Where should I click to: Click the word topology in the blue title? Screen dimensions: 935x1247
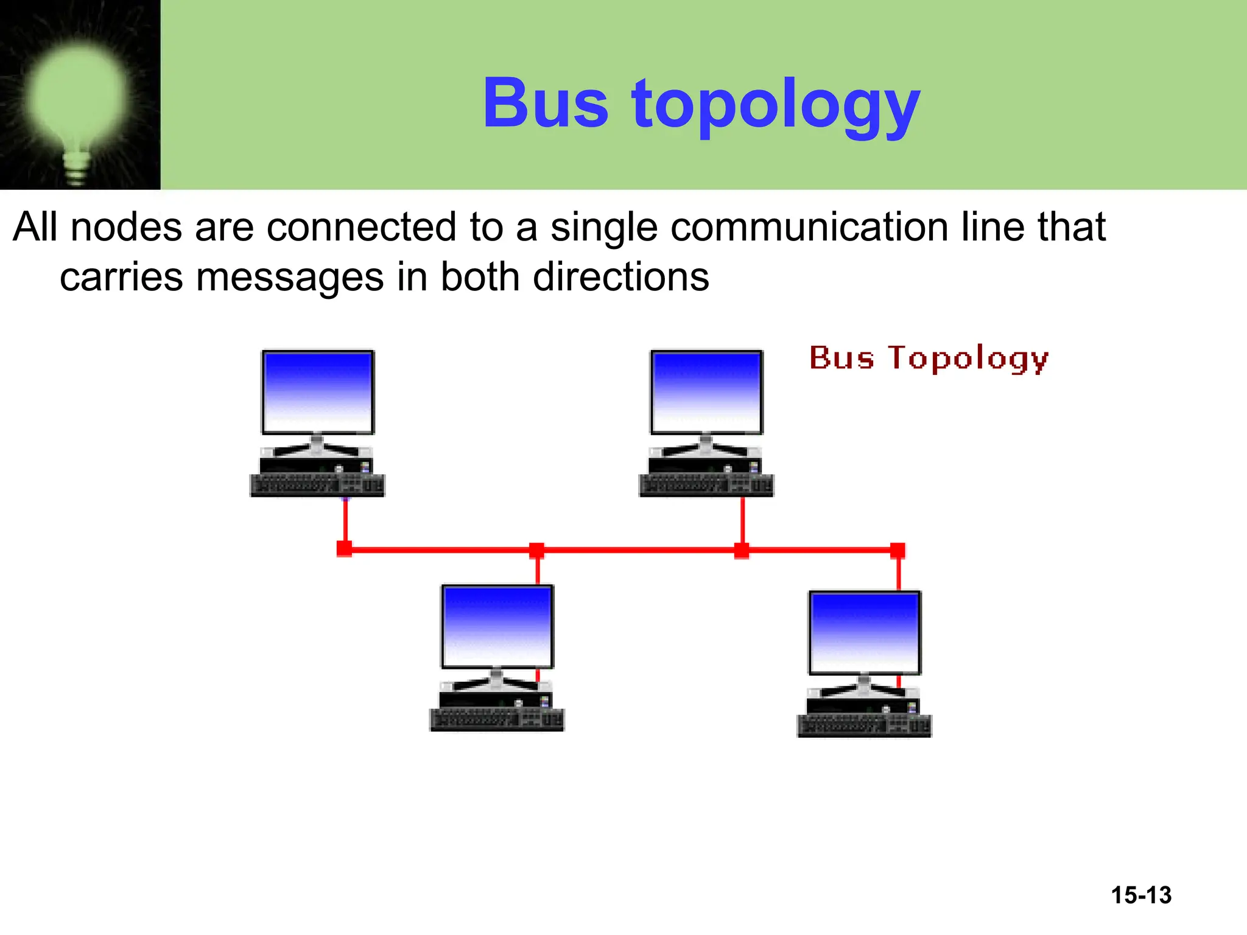coord(776,107)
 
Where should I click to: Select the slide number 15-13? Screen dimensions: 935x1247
coord(1141,895)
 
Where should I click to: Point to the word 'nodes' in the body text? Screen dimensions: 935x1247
coord(126,227)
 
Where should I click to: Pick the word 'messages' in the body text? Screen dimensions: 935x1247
coord(290,277)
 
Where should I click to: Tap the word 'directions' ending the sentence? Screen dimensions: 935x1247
coord(621,277)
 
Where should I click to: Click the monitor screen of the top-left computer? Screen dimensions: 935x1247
coord(317,391)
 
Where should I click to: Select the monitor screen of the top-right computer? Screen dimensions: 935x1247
coord(706,391)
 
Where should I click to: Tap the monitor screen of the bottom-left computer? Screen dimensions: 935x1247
coord(497,626)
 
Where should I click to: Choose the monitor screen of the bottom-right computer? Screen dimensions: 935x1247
coord(864,632)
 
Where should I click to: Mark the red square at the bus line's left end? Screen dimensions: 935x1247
coord(344,549)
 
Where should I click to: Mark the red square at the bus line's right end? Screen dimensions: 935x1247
coord(897,550)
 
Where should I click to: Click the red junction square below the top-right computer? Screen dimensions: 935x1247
coord(742,550)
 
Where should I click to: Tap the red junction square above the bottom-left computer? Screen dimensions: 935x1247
coord(536,550)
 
